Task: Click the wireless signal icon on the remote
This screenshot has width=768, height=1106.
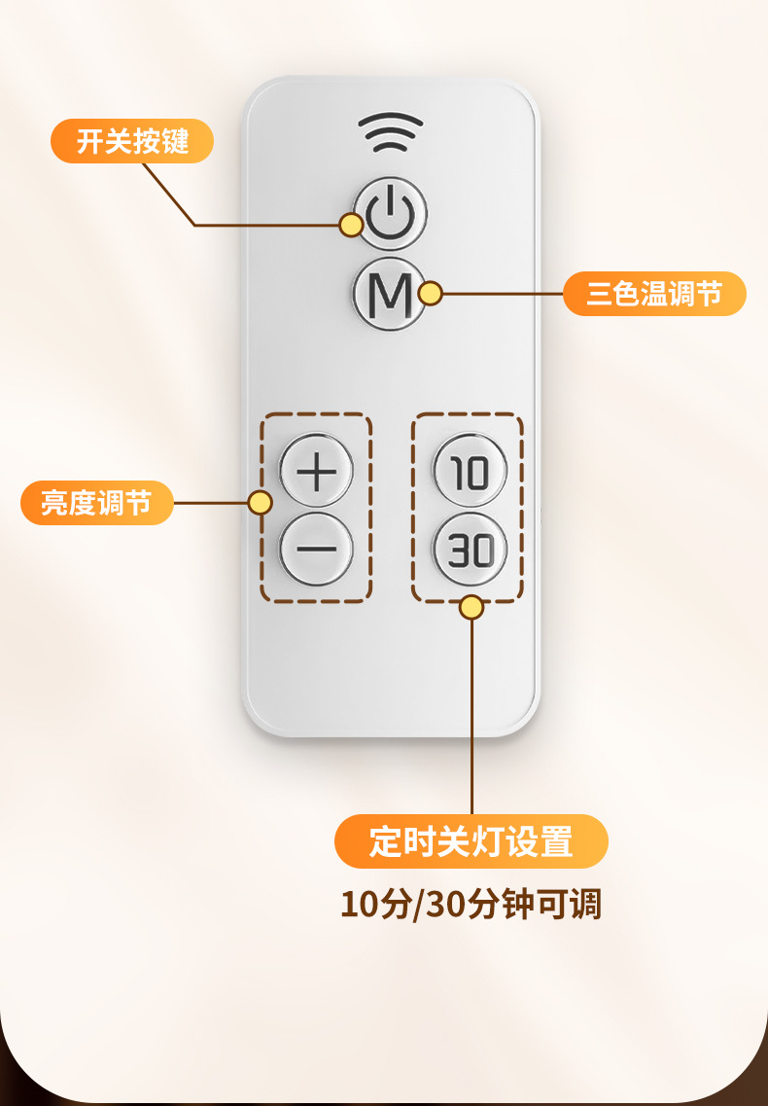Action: pyautogui.click(x=390, y=132)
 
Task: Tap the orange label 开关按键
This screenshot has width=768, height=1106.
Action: pyautogui.click(x=131, y=142)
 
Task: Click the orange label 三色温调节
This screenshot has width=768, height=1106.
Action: pyautogui.click(x=654, y=294)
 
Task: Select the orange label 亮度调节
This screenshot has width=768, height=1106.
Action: pyautogui.click(x=96, y=504)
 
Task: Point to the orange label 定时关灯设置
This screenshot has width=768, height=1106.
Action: pyautogui.click(x=471, y=841)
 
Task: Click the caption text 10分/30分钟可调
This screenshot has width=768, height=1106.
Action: pyautogui.click(x=471, y=904)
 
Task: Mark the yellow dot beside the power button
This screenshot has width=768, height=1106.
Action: pyautogui.click(x=351, y=225)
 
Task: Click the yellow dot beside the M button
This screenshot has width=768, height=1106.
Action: pyautogui.click(x=430, y=293)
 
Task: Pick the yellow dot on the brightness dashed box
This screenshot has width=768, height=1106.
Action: pyautogui.click(x=260, y=503)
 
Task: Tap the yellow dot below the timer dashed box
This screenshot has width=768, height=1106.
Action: pyautogui.click(x=471, y=608)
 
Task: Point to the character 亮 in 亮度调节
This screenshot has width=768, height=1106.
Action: pyautogui.click(x=54, y=504)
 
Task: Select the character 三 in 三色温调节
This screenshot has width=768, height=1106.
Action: pyautogui.click(x=600, y=294)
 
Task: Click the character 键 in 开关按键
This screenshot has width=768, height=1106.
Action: pyautogui.click(x=174, y=142)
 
